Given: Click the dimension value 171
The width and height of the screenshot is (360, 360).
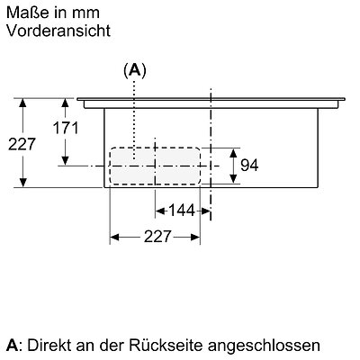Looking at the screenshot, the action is click(x=66, y=128).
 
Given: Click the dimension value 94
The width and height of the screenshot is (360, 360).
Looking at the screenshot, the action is click(x=249, y=165).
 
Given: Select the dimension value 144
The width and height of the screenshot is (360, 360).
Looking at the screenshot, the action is click(x=182, y=211).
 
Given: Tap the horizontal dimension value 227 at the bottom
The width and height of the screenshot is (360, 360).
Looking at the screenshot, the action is click(x=157, y=237).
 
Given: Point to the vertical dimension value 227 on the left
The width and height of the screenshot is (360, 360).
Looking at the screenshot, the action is click(x=22, y=144).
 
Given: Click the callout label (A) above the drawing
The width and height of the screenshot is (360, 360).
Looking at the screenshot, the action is click(x=135, y=71).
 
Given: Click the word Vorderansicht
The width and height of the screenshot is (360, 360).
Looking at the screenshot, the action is click(x=58, y=31).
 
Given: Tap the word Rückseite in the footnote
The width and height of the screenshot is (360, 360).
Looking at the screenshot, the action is click(x=166, y=346).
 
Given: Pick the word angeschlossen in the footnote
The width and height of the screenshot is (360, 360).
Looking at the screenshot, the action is click(x=264, y=346).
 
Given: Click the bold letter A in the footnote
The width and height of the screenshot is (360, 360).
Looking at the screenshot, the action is click(x=12, y=346).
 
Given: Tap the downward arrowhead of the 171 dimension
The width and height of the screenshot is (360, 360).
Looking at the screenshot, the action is click(x=65, y=160).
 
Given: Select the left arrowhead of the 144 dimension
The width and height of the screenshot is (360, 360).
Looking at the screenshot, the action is click(x=159, y=211).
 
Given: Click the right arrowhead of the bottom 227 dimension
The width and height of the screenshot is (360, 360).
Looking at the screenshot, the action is click(x=195, y=238).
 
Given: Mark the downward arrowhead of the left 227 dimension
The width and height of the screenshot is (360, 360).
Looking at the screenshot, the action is click(x=22, y=183).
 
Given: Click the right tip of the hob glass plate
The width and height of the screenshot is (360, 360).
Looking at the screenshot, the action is click(x=345, y=99).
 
